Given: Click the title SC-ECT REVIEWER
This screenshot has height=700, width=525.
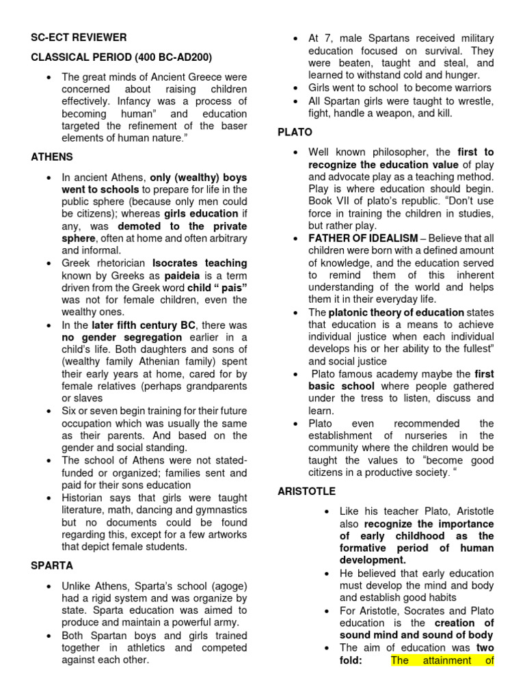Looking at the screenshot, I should coord(79,38).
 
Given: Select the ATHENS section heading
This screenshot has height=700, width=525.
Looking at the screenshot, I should coord(52,157).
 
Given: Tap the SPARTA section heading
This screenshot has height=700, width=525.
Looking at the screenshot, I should coord(52,567).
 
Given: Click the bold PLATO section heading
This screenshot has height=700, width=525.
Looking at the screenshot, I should coord(295,131).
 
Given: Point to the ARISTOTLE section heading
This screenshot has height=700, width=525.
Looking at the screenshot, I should coord(307,491).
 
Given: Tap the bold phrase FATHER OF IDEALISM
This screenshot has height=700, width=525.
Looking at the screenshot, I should coord(363,238).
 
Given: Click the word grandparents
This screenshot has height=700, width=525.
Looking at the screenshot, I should coord(214,386).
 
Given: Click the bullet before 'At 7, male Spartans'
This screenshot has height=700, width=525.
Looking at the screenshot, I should coord(294,38).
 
